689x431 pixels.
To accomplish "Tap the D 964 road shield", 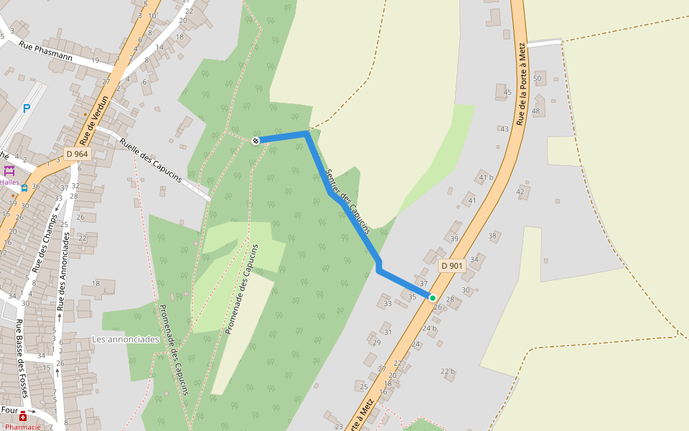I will pos(76,154).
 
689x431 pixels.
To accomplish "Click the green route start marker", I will pos(432,297).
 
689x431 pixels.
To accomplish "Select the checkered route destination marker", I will pos(256,140).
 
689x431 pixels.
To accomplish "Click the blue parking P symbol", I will pos(27,108).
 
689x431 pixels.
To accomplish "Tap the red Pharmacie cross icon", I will pos(23,417).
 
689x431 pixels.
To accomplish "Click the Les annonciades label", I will pos(125,339).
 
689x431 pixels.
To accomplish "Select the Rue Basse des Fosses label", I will pos(21,358).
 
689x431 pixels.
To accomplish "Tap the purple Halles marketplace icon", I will pos(9,171).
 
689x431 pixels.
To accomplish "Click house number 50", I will pos(538,78).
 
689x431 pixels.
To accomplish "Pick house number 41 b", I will pos(486,177).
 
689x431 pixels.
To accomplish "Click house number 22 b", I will pos(448,371).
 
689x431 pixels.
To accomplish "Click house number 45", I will pos(508,92).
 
